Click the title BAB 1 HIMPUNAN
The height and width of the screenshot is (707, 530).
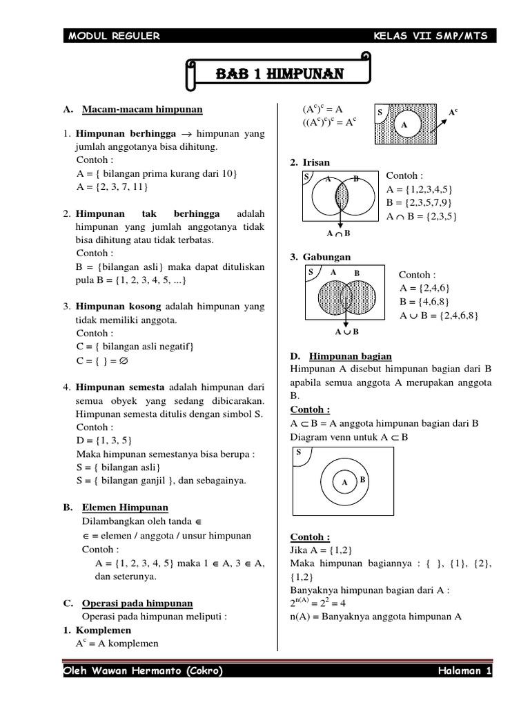pyautogui.click(x=279, y=74)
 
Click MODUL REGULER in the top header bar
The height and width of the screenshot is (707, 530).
pyautogui.click(x=114, y=37)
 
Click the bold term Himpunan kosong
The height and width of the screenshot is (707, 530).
pyautogui.click(x=119, y=306)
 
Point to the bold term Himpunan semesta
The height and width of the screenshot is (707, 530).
pyautogui.click(x=120, y=387)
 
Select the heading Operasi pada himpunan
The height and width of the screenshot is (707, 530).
pyautogui.click(x=137, y=603)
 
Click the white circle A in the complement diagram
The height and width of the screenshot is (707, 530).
pyautogui.click(x=404, y=125)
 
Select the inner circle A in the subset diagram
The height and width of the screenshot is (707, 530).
pyautogui.click(x=343, y=483)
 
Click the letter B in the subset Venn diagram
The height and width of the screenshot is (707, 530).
pyautogui.click(x=362, y=479)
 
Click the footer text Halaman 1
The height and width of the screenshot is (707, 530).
pyautogui.click(x=464, y=672)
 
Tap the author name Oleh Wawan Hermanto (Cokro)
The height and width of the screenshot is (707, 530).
pyautogui.click(x=143, y=672)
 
